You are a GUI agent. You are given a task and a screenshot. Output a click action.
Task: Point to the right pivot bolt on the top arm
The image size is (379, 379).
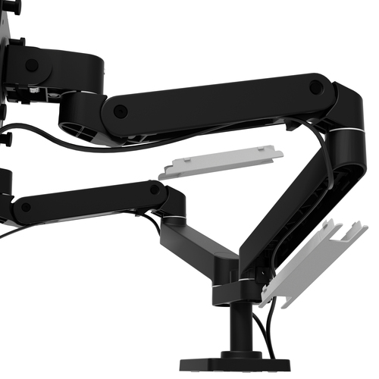click(x=316, y=87)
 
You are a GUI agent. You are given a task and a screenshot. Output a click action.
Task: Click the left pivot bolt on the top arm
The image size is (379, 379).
click(x=120, y=111)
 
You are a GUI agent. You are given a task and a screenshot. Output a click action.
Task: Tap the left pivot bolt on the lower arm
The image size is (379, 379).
click(x=27, y=206)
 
